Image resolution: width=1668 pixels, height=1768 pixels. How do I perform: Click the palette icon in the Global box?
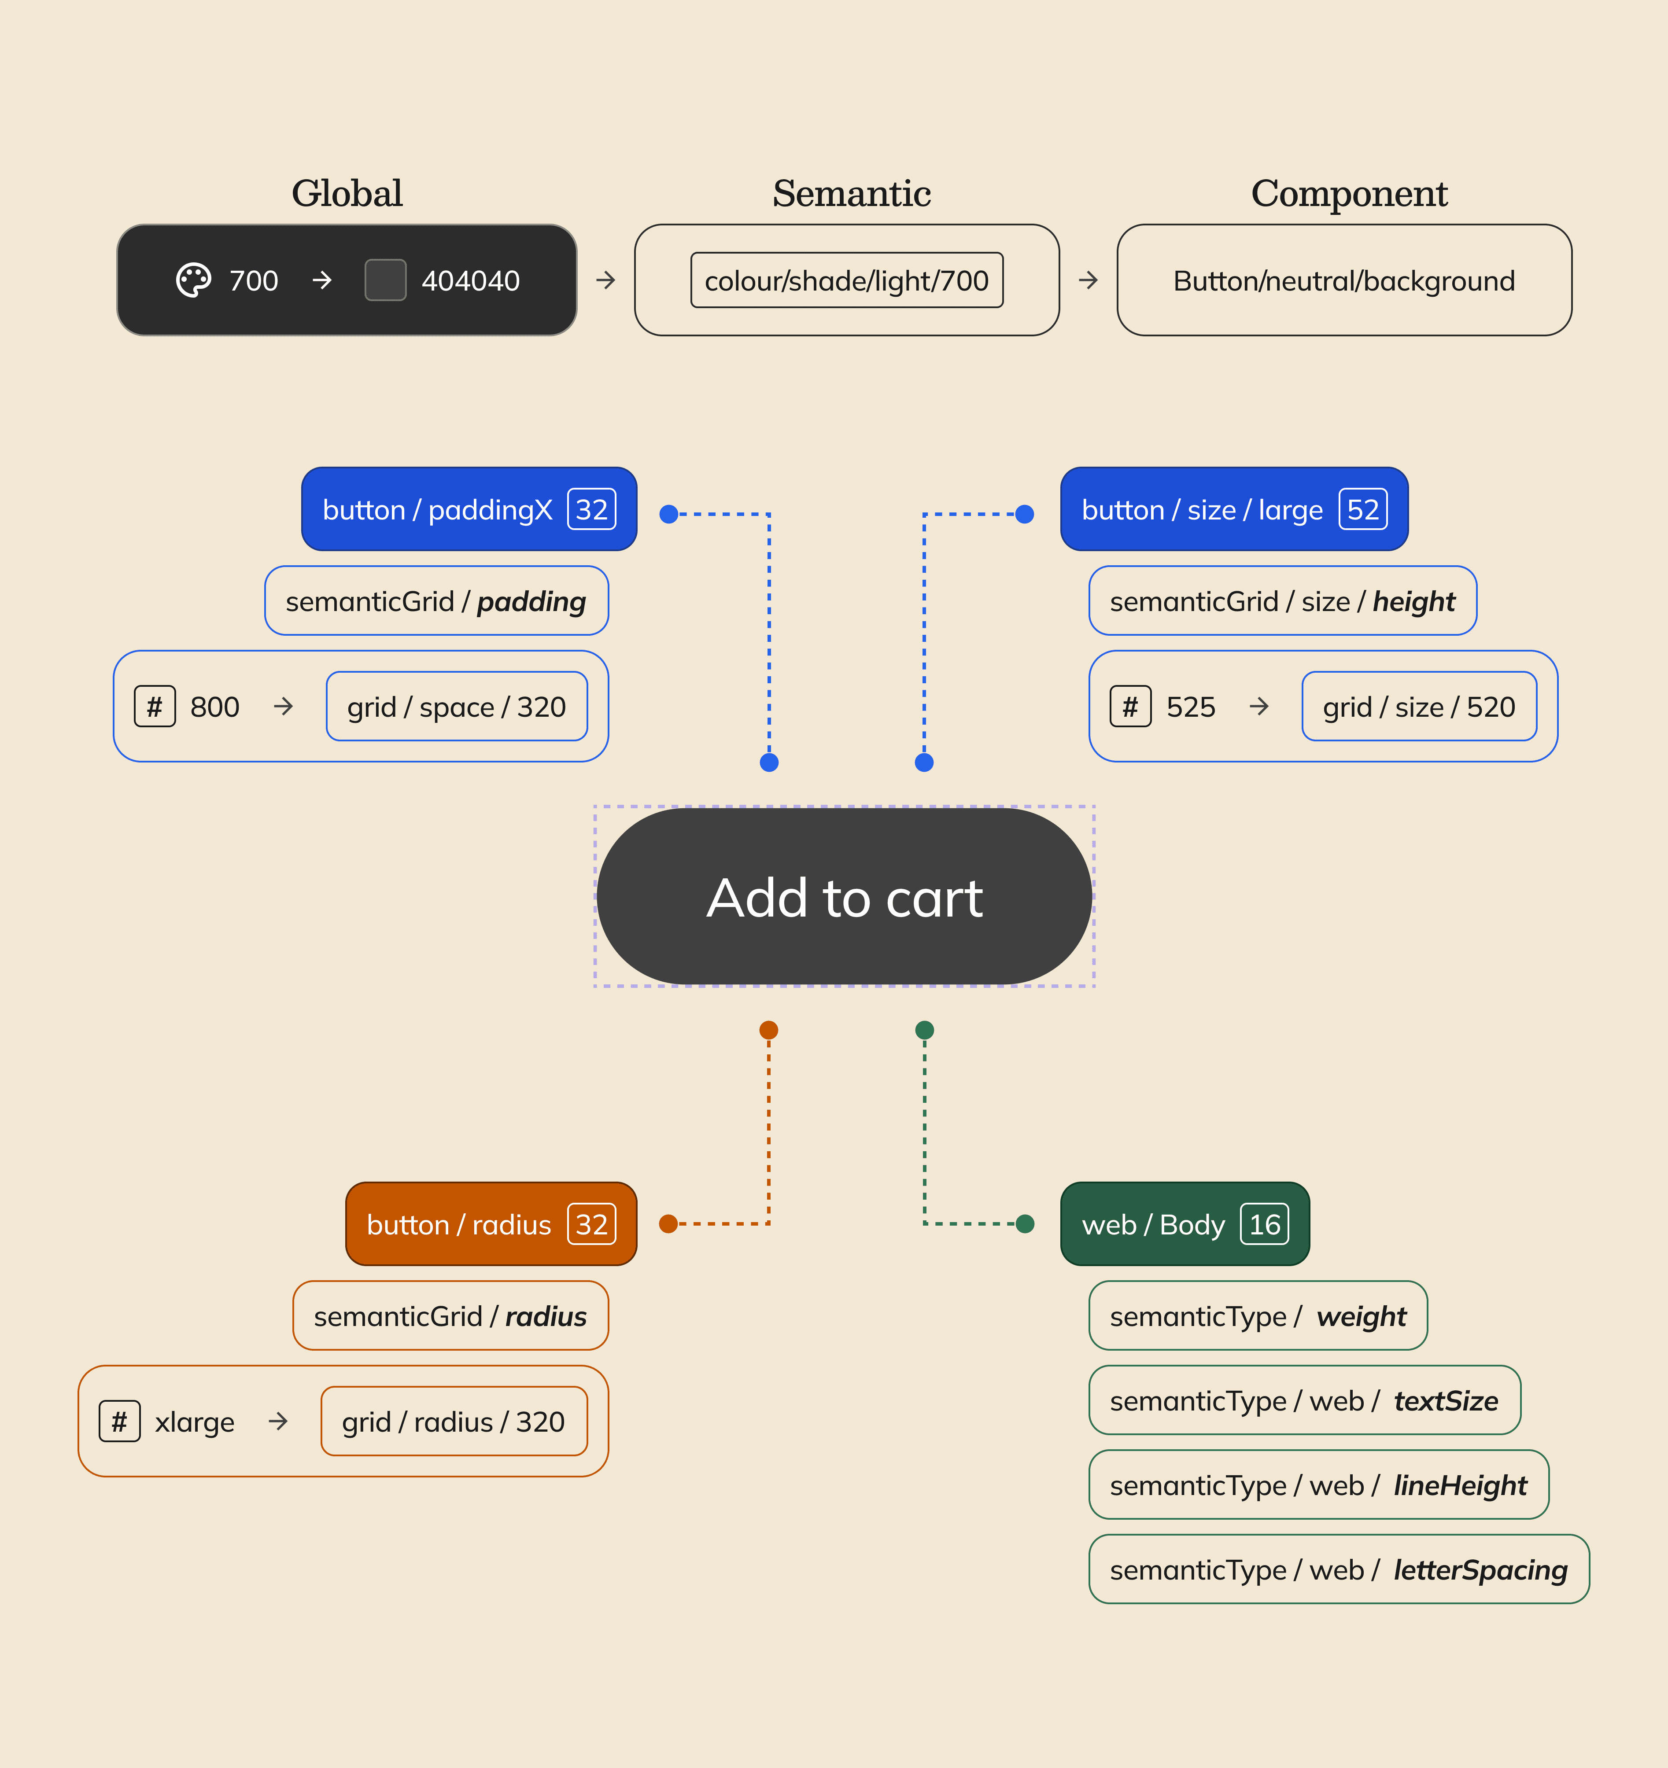193,280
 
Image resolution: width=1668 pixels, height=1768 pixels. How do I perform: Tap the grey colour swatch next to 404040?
385,280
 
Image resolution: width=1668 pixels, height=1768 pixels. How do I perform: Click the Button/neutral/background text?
1343,281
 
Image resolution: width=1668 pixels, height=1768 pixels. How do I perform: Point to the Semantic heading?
851,193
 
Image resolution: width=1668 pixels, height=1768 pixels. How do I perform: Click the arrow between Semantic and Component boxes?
1088,280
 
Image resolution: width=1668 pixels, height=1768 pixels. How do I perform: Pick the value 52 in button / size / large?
1362,510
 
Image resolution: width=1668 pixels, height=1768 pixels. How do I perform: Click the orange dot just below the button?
769,1030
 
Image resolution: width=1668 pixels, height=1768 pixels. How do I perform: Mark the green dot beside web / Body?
1025,1224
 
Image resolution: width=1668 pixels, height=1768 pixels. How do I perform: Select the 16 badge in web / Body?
1264,1225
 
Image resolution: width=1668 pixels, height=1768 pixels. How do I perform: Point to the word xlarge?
195,1422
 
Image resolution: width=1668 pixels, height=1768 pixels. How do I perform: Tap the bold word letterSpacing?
1480,1571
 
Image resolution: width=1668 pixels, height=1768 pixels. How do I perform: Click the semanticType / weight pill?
1257,1316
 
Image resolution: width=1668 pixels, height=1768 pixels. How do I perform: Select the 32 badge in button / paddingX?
591,510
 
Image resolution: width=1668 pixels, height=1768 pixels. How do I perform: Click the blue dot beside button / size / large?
1025,514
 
